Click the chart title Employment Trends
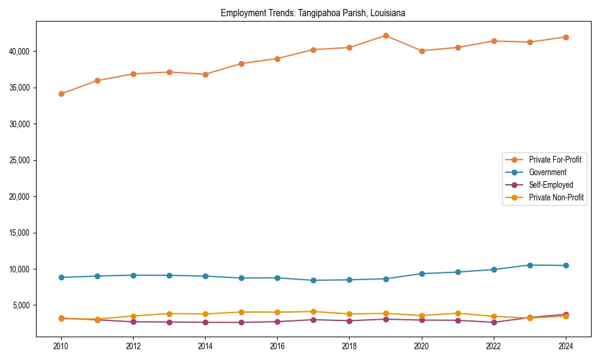(313, 13)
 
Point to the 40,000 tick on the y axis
(22, 52)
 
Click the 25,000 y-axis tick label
(22, 160)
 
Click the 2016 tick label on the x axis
(277, 346)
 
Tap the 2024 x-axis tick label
(566, 346)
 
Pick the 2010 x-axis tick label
(61, 346)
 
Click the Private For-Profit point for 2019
(386, 35)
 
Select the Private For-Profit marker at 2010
(61, 94)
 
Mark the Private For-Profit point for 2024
(566, 37)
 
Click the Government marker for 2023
(530, 265)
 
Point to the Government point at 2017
(313, 280)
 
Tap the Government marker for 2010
(61, 277)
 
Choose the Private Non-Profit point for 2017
(313, 311)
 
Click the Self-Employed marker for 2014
(205, 322)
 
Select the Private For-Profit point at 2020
(422, 51)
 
